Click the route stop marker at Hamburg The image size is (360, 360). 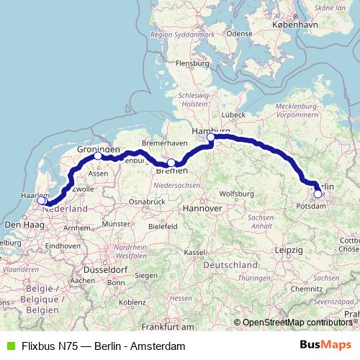point(211,138)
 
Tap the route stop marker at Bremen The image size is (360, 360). point(171,163)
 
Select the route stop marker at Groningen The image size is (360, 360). point(98,156)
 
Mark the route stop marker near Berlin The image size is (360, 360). point(318,193)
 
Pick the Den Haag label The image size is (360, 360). point(19,225)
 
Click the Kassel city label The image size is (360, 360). point(194,253)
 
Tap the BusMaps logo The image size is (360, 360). point(325,346)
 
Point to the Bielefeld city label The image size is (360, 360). point(163,226)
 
